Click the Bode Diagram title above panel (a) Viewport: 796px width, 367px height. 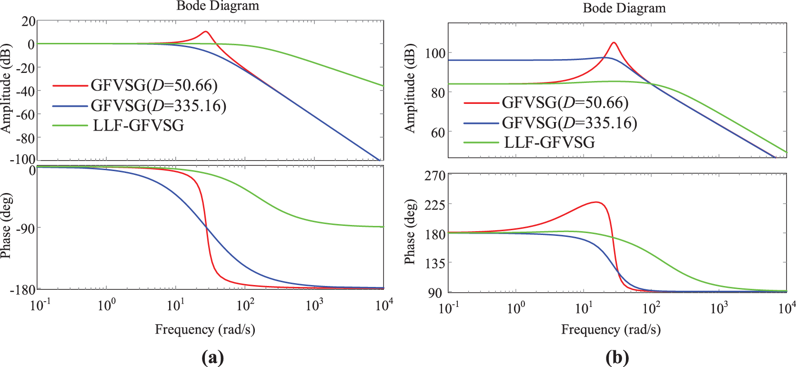click(218, 6)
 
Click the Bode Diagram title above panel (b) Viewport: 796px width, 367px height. click(624, 8)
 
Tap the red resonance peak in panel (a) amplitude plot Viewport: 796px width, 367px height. click(206, 32)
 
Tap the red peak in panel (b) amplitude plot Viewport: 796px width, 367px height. click(614, 43)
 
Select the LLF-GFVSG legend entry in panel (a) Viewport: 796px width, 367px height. click(138, 125)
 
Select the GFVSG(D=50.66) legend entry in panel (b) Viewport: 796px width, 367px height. click(565, 102)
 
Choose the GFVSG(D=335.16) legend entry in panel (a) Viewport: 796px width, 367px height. click(158, 105)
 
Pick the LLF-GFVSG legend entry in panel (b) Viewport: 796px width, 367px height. click(549, 142)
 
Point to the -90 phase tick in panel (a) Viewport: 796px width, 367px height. click(25, 228)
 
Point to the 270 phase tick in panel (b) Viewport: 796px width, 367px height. click(435, 176)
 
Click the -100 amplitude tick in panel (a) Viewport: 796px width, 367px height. click(22, 159)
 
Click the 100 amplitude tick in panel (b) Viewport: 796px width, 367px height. click(435, 53)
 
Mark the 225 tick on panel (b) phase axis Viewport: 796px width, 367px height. click(435, 204)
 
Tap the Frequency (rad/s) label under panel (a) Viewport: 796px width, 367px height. click(205, 329)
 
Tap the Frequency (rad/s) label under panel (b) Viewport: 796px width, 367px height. click(611, 329)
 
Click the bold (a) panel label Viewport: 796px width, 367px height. click(212, 357)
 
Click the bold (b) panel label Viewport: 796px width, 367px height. click(617, 357)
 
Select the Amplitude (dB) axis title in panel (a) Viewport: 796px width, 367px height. click(6, 88)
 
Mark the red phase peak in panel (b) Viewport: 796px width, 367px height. click(596, 202)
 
